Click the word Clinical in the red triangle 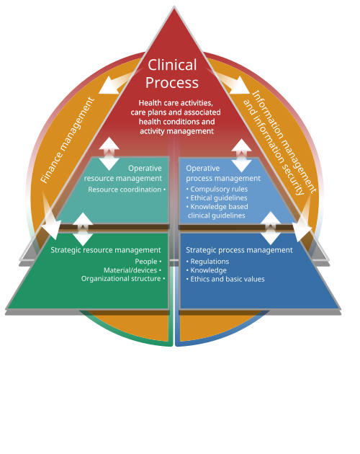(x=172, y=65)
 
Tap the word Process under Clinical (x=172, y=83)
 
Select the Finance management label (x=67, y=140)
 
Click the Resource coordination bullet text (x=127, y=190)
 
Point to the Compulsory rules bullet (x=217, y=189)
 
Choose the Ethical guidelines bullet (x=217, y=197)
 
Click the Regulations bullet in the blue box (x=207, y=262)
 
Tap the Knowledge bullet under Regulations (x=207, y=270)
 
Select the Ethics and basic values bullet (x=225, y=279)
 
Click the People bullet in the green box (x=148, y=262)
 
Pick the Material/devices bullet (x=132, y=270)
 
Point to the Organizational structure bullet (x=123, y=279)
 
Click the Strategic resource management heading (x=106, y=250)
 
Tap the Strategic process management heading (x=239, y=250)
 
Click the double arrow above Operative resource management (x=109, y=153)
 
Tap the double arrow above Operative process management (x=241, y=156)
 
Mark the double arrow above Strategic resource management (x=83, y=229)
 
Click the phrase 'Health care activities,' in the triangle (x=176, y=103)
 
